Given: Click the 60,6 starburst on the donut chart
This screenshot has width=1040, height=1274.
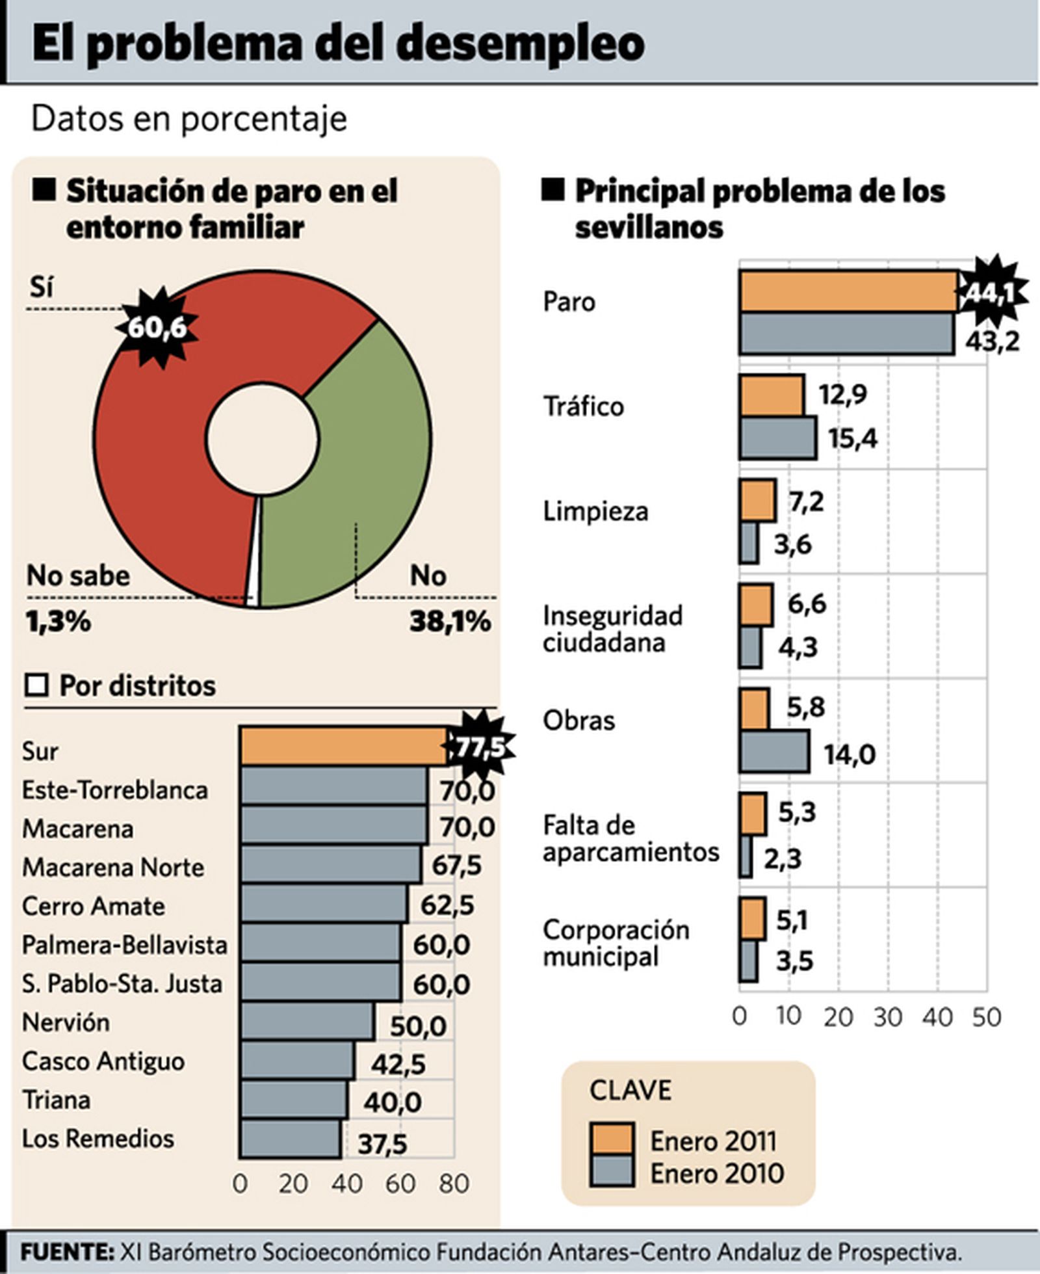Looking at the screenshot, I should (156, 327).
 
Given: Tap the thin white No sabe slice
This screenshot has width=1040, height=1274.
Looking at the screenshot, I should (255, 553).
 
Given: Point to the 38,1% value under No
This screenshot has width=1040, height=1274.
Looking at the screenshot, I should (450, 622).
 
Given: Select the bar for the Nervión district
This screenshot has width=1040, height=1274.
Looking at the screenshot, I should (306, 1022).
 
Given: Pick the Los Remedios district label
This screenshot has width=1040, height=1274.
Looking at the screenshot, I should (98, 1139).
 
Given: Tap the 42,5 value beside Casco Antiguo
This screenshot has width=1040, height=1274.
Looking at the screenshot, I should (398, 1065).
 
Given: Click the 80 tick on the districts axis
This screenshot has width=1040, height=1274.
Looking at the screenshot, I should (454, 1184).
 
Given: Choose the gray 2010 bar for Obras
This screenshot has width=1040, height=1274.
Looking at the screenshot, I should (774, 751).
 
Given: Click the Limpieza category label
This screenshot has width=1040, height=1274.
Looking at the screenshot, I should (595, 511).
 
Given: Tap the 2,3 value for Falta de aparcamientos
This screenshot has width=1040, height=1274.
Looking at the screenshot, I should (782, 859).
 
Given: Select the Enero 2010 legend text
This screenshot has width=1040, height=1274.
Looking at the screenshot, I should (717, 1173).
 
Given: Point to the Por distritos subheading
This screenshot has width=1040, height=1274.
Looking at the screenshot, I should (137, 685).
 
